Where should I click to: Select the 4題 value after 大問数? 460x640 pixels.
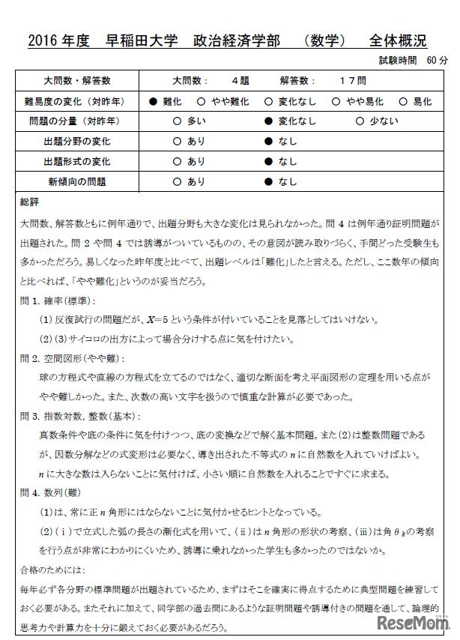pos(240,81)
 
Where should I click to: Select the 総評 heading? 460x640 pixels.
pos(31,202)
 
